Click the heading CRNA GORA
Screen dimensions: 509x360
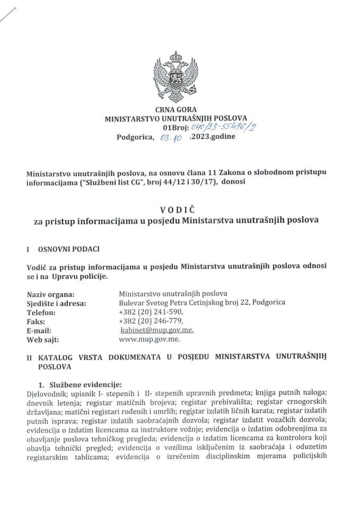pos(179,110)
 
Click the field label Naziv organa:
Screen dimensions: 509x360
pos(50,293)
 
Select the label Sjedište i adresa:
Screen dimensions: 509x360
pos(56,303)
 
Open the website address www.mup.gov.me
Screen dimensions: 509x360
pos(151,339)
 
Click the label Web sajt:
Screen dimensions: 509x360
pos(42,339)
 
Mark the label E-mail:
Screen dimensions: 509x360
pos(39,330)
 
